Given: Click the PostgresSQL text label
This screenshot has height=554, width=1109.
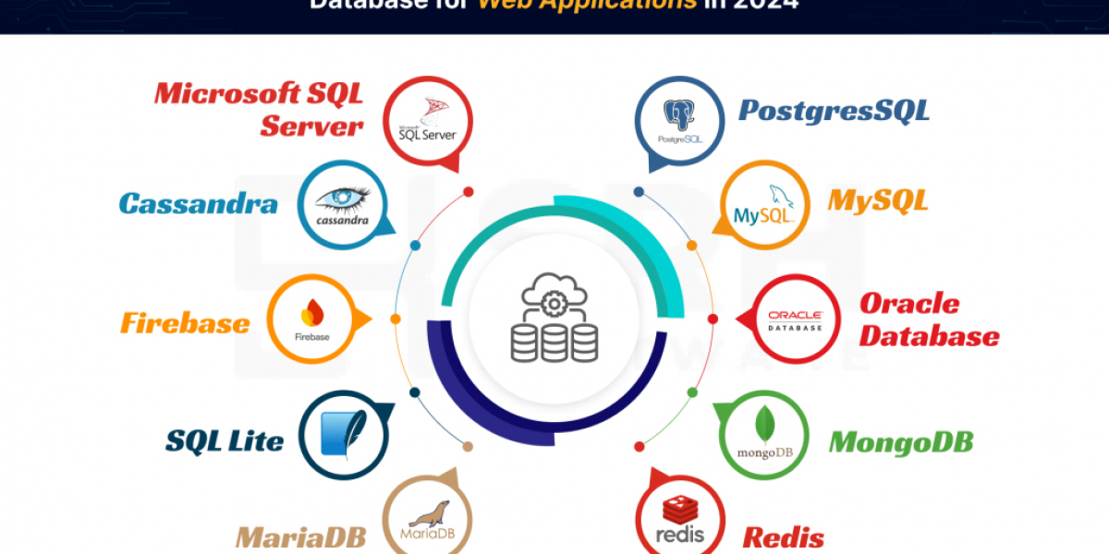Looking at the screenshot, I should click(x=834, y=111).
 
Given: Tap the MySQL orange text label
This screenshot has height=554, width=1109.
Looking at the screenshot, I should click(x=877, y=200).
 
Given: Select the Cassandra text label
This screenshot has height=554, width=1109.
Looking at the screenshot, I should click(x=198, y=203).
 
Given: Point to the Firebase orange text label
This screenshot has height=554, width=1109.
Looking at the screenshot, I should click(x=185, y=323).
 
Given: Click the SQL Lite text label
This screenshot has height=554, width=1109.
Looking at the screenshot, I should click(x=225, y=441).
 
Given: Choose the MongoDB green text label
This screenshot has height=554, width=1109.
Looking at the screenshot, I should click(x=900, y=441).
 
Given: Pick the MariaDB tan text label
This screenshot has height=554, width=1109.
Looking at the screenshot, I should click(x=300, y=536).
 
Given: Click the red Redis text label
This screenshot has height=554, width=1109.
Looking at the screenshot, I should click(x=783, y=536).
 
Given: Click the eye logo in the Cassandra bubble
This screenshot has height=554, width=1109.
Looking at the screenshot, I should click(x=342, y=198).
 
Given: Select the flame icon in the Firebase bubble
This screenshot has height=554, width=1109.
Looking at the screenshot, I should click(x=312, y=312).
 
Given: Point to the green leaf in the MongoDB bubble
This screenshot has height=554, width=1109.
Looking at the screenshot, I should click(x=764, y=425).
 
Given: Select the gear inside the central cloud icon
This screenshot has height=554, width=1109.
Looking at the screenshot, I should click(x=553, y=303).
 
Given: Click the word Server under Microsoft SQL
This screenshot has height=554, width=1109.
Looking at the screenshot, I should click(x=311, y=126).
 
